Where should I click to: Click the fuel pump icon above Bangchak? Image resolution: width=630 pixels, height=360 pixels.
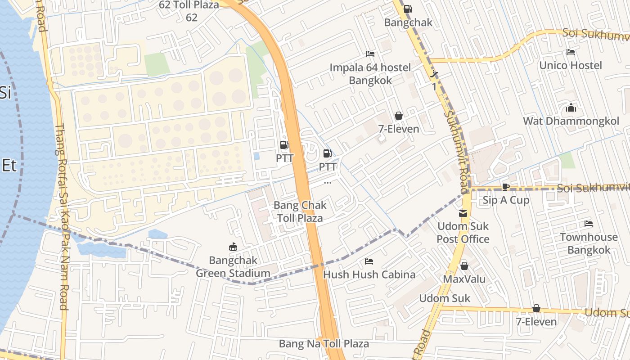[x=408, y=9]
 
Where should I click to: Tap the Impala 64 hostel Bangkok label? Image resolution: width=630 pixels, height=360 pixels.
[x=370, y=74]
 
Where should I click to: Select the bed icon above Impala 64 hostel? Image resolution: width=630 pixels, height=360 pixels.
[x=370, y=54]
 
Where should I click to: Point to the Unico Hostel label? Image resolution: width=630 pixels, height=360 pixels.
[x=571, y=66]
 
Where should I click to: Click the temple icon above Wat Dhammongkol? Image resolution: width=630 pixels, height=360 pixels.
[x=571, y=108]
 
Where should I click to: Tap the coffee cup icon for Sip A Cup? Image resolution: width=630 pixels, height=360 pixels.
[x=506, y=187]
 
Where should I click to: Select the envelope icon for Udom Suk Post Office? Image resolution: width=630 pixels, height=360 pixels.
[x=463, y=213]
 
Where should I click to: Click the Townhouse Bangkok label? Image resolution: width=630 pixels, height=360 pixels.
[x=589, y=243]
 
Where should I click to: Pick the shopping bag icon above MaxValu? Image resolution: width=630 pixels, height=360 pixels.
[x=464, y=266]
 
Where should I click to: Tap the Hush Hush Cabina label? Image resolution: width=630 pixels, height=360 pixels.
[x=369, y=274]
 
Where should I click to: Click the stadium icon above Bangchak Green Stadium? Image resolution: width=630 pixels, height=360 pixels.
[x=233, y=247]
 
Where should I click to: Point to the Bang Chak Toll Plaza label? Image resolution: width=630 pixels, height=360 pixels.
[x=300, y=212]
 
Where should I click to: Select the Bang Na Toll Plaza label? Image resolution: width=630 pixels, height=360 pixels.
[x=324, y=344]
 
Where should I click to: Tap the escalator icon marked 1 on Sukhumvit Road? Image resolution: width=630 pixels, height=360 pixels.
[x=434, y=74]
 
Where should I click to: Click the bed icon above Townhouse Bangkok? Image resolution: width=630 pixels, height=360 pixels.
[x=589, y=224]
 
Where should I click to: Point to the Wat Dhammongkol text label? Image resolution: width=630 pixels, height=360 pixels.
[x=571, y=121]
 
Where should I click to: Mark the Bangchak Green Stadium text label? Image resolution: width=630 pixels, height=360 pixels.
[x=233, y=267]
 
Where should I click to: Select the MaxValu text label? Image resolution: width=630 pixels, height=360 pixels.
[x=464, y=279]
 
